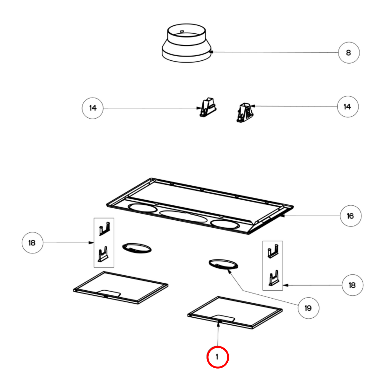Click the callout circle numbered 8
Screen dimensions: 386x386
(x=349, y=53)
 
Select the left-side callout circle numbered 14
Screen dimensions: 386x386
(x=92, y=108)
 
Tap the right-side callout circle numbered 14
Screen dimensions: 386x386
(x=348, y=107)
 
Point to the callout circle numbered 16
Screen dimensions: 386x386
(x=350, y=216)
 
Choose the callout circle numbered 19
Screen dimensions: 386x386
(x=308, y=308)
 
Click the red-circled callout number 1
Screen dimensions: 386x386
(x=217, y=357)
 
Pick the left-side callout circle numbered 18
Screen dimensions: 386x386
(x=32, y=243)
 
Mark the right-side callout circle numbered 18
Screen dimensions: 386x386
(x=352, y=285)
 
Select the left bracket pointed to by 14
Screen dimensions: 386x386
(x=208, y=107)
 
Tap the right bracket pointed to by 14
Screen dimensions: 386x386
(x=245, y=112)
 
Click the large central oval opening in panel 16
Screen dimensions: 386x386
(x=183, y=216)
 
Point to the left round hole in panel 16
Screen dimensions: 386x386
(x=142, y=208)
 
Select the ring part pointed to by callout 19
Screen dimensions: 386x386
(x=223, y=264)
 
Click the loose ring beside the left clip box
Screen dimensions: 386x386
(x=137, y=248)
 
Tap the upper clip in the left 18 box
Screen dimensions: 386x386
(x=104, y=229)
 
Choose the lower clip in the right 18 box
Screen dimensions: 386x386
(x=274, y=278)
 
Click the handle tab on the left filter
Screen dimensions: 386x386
(x=110, y=293)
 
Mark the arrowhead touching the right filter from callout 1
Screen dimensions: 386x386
(x=218, y=324)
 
